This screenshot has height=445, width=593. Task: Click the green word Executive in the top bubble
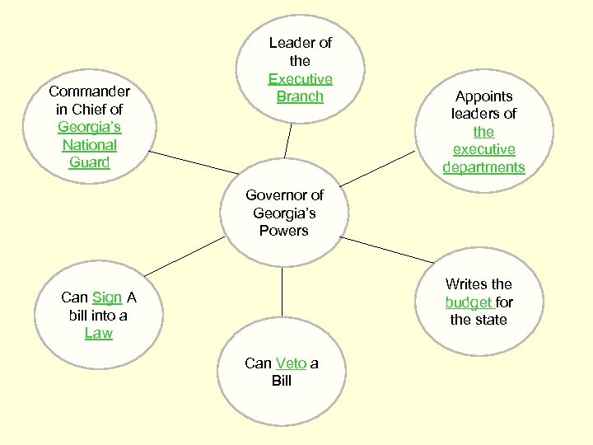300,79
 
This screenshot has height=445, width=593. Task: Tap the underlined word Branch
300,96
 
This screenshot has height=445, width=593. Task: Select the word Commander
89,91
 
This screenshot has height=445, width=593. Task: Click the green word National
89,145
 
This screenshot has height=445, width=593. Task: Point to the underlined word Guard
89,162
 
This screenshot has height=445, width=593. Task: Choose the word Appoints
483,96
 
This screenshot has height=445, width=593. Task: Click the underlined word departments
483,167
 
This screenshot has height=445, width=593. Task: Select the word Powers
283,231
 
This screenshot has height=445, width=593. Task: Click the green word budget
469,302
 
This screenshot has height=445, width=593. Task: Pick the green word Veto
291,363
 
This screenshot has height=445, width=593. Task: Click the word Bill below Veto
282,381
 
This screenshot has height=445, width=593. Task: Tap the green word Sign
107,297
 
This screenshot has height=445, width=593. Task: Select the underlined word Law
99,333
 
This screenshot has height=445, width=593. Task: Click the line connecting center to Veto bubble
282,292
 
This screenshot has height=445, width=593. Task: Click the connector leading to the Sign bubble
183,255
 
